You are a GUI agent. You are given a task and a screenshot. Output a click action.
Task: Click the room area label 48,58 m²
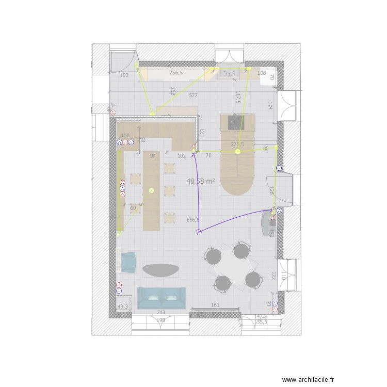coord(201,181)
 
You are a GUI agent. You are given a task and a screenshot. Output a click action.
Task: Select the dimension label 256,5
coord(176,73)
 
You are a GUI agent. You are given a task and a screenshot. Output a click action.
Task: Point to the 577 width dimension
coord(193,95)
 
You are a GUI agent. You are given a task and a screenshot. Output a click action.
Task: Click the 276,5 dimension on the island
coord(237,144)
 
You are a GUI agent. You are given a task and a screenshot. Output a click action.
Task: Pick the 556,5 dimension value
coord(193,220)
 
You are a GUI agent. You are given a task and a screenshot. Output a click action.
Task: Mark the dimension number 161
coord(215,305)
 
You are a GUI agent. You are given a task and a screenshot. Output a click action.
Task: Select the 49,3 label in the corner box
coord(123,307)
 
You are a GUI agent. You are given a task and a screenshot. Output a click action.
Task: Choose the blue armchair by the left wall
coord(127,262)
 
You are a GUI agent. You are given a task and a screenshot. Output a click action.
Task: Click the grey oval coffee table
coord(160,270)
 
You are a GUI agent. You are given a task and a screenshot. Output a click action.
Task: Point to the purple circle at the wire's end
coord(198,233)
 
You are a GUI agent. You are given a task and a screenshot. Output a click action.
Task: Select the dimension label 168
coord(173,91)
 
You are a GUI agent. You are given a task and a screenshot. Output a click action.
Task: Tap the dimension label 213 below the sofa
coord(160,312)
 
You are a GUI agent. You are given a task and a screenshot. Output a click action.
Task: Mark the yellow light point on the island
coord(238,152)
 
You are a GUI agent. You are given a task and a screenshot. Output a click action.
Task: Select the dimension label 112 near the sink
coord(230,75)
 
